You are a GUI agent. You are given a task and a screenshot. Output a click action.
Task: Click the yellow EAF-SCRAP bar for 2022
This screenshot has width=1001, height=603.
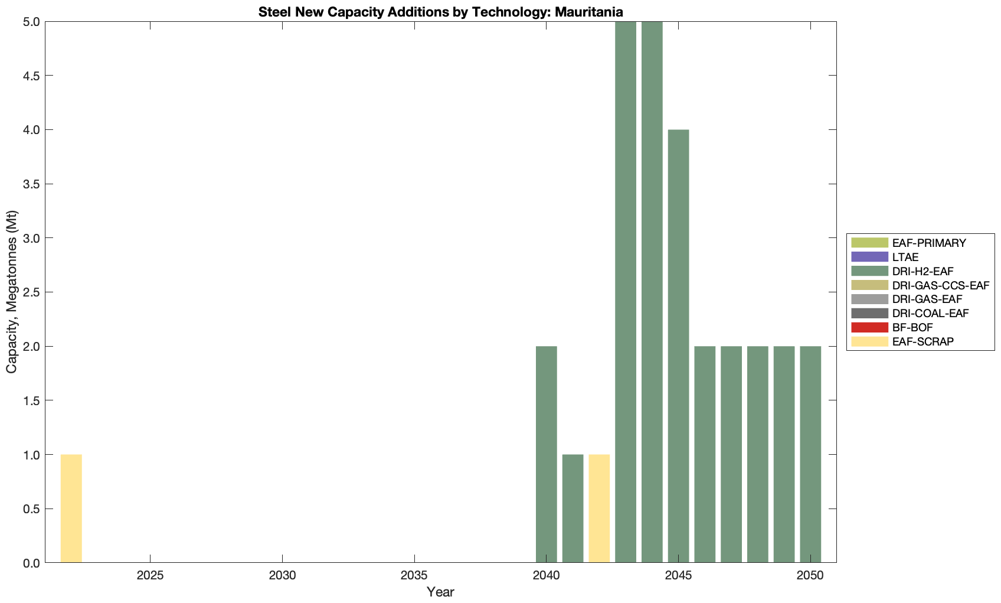(x=71, y=509)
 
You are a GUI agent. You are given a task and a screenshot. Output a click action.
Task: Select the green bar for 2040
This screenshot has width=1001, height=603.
(x=546, y=454)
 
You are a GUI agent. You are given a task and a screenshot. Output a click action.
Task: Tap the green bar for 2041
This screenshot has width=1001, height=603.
(x=573, y=509)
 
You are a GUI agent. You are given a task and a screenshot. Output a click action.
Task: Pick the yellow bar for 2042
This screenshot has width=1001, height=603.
(x=599, y=509)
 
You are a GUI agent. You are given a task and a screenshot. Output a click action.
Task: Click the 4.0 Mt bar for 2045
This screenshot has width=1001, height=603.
(x=678, y=346)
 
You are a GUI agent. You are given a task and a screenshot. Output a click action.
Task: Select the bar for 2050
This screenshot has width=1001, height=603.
(x=810, y=454)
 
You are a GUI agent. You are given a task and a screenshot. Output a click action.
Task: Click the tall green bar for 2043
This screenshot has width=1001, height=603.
(x=626, y=292)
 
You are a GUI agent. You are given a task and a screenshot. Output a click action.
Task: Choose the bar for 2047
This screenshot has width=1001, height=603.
(x=731, y=454)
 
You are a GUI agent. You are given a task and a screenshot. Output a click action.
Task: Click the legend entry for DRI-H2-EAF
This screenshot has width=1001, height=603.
(x=923, y=271)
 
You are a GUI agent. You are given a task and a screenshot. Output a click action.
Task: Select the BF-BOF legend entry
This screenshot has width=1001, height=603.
(x=912, y=327)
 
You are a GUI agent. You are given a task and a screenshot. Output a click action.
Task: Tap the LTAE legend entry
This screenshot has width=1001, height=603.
(x=905, y=257)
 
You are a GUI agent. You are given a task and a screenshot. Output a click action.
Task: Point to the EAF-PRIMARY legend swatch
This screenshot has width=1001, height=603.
(x=869, y=243)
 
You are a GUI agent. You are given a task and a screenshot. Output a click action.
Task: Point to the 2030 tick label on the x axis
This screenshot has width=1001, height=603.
(x=283, y=576)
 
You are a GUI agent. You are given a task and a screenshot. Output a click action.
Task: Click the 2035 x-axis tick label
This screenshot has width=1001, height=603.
(x=414, y=576)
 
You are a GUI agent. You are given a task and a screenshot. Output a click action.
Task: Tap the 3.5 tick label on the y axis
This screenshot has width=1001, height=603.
(x=31, y=184)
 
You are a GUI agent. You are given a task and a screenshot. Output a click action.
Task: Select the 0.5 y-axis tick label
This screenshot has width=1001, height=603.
(x=31, y=509)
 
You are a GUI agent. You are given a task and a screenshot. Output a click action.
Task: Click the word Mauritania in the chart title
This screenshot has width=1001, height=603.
(x=589, y=12)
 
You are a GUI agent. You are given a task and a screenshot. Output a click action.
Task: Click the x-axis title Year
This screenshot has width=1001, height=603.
(x=440, y=592)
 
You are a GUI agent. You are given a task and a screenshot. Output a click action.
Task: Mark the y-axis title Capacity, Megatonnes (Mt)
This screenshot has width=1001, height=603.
(x=12, y=292)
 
